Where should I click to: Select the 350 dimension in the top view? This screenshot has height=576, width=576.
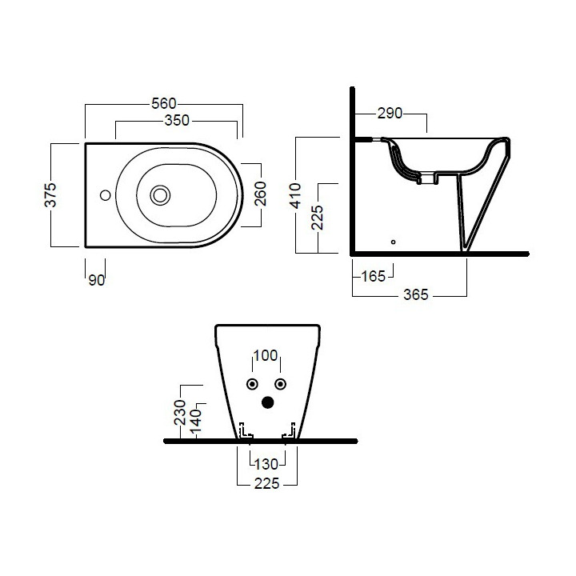coord(176,121)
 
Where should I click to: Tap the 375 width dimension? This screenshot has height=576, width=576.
coord(50,194)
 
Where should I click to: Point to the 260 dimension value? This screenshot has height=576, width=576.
coord(260,194)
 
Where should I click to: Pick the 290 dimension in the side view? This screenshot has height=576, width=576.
coord(390,114)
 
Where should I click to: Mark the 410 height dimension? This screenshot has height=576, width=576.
coord(296,194)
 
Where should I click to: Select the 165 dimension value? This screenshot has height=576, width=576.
coord(373,277)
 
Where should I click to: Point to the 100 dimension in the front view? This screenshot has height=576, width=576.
coord(266,354)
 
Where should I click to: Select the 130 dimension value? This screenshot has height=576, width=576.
coord(267,463)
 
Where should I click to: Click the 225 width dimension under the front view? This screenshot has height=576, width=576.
coord(267,484)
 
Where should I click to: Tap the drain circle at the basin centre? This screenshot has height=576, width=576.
coord(160,194)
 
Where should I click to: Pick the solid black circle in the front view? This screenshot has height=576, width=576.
coord(266,402)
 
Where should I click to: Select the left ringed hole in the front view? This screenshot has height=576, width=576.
coord(252,382)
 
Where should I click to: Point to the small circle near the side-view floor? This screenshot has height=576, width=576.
coord(393,240)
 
